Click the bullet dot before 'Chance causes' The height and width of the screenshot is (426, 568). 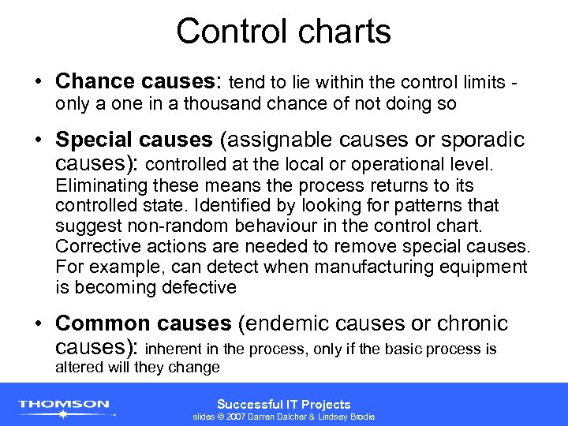(x=39, y=82)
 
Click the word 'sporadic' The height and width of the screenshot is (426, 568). (x=479, y=140)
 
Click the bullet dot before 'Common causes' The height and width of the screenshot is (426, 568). (x=39, y=325)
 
